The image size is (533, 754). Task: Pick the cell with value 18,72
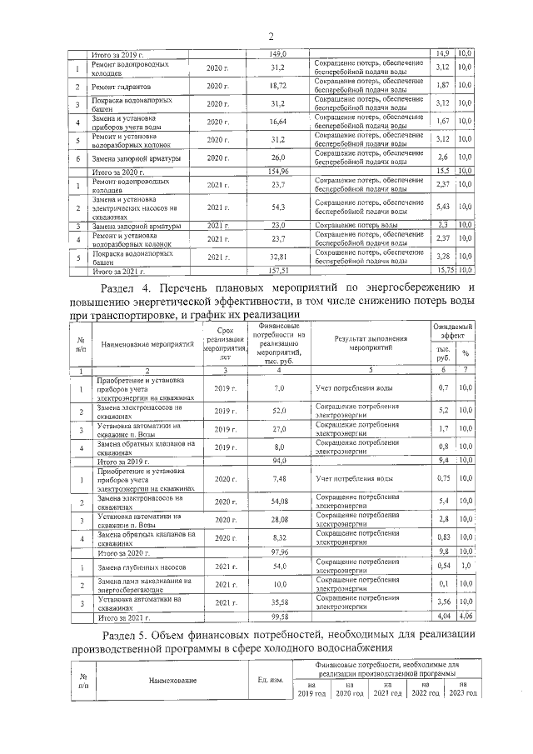278,86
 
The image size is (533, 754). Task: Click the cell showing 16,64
278,122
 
